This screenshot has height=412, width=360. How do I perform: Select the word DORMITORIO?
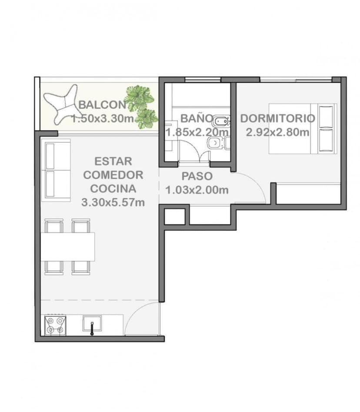pos(277,118)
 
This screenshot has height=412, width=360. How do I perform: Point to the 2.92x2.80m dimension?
pos(277,132)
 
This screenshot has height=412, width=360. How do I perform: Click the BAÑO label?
pos(197,118)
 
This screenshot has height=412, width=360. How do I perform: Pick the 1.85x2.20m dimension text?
pos(197,132)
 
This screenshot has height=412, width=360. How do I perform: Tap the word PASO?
pos(197,176)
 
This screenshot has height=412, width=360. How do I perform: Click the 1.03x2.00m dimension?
pos(197,190)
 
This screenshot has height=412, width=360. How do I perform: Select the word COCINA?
pos(113,189)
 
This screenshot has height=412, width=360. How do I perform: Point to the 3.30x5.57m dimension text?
pos(113,202)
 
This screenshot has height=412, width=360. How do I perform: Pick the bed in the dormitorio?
pos(302,128)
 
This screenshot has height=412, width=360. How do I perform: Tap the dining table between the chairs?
pos(68,247)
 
